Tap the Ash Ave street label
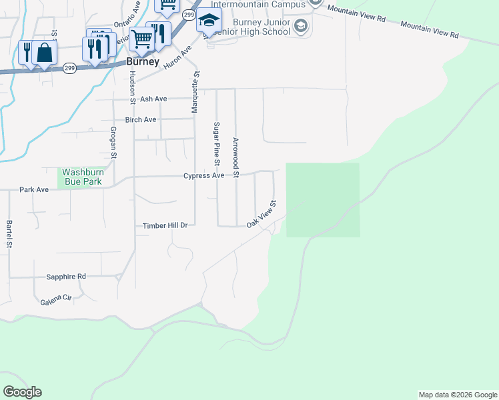pyautogui.click(x=153, y=99)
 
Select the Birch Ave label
pyautogui.click(x=141, y=120)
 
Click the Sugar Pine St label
pyautogui.click(x=216, y=143)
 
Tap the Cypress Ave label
pyautogui.click(x=204, y=176)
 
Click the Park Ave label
pyautogui.click(x=34, y=190)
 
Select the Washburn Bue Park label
pyautogui.click(x=82, y=177)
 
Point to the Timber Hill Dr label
pyautogui.click(x=165, y=226)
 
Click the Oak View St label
pyautogui.click(x=262, y=213)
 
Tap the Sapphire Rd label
pyautogui.click(x=66, y=276)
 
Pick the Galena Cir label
pyautogui.click(x=56, y=301)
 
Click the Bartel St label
pyautogui.click(x=9, y=234)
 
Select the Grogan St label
pyautogui.click(x=113, y=143)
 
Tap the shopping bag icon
pyautogui.click(x=45, y=53)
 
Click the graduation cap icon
pyautogui.click(x=209, y=21)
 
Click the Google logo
pyautogui.click(x=22, y=392)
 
